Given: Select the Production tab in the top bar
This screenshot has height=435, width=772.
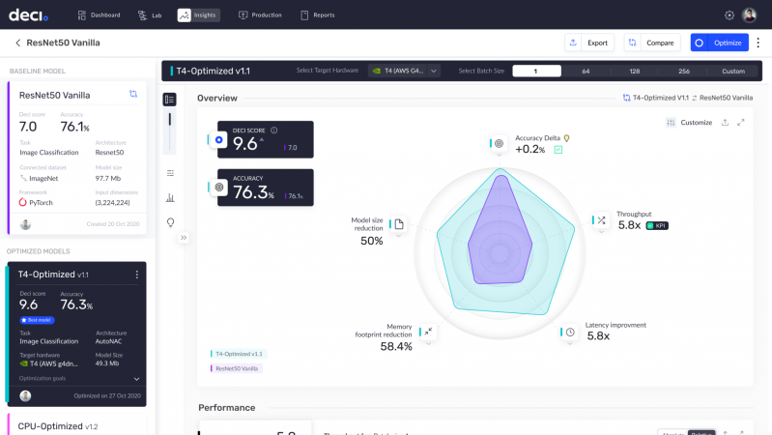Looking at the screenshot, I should coord(260,15).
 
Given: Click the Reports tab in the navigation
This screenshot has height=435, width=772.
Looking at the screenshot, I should coord(319,15).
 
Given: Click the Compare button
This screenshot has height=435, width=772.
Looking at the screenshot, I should coord(649,43).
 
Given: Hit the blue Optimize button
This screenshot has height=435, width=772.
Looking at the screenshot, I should coord(719,43).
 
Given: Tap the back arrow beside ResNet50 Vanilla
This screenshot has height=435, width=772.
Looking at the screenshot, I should coord(17,43).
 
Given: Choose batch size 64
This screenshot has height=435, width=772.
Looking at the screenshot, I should coord(586,71).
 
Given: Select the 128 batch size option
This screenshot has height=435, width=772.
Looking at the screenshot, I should coord(635,71).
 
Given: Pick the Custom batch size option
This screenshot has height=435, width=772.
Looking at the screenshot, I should coord(733,71).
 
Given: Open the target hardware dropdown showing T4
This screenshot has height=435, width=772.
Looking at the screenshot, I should coord(405,71).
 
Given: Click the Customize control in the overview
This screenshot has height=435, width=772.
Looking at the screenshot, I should coord(689,123).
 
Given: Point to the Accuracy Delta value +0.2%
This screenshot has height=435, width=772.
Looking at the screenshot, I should coord(529,150).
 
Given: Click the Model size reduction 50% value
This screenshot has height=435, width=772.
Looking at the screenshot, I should coord(372,241).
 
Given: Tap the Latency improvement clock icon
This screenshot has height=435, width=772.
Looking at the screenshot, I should coord(570,332).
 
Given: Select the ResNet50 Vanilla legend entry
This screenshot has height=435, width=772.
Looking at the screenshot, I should coord(237,368).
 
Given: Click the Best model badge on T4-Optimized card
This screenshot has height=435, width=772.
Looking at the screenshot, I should coord(41,318).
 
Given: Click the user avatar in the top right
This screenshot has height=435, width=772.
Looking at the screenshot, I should coord(749,15).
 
